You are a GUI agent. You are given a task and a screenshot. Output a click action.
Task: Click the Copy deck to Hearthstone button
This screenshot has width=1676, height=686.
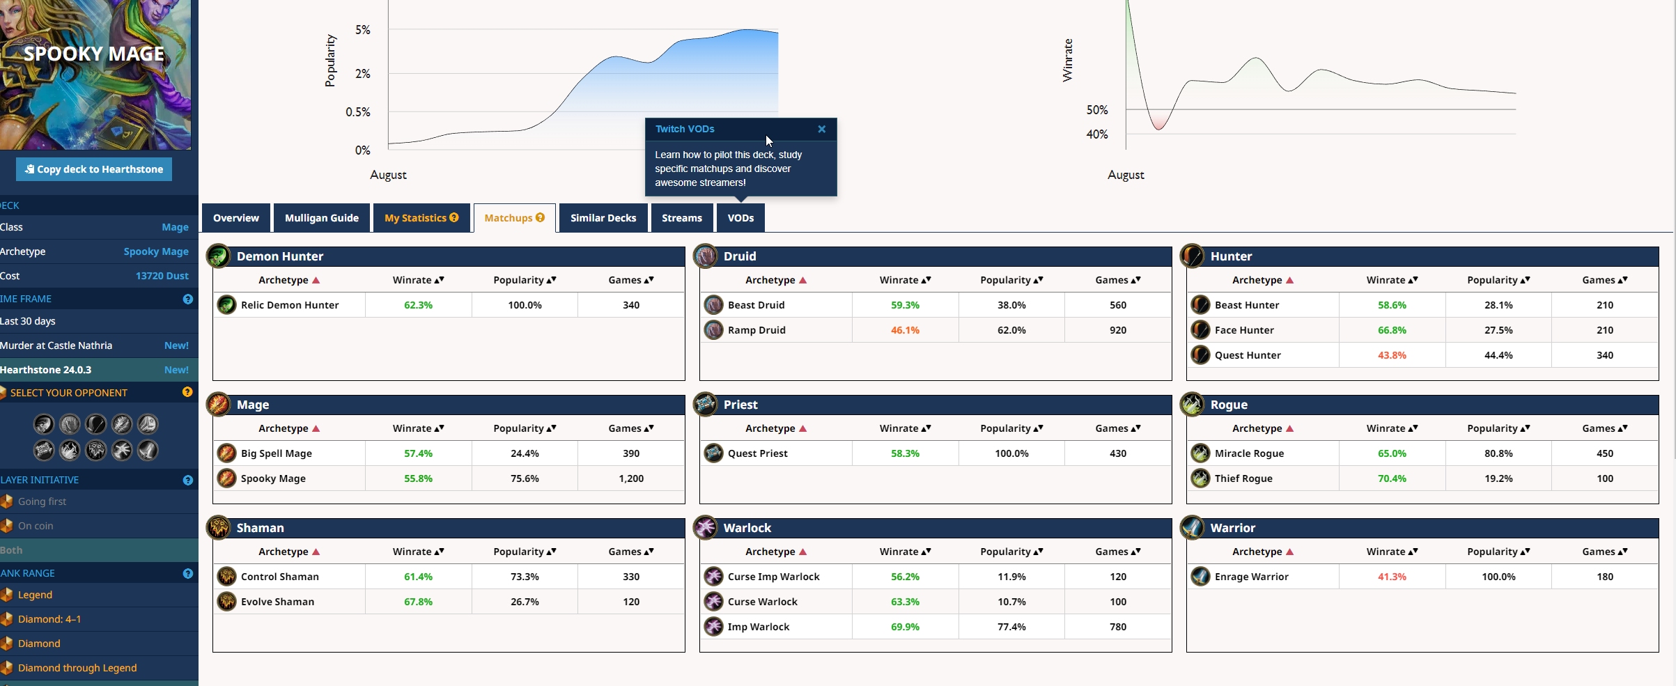94,169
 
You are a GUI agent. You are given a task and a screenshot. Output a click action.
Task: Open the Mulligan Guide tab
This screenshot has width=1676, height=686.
321,218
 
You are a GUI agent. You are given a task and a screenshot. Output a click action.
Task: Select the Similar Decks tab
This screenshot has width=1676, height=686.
603,218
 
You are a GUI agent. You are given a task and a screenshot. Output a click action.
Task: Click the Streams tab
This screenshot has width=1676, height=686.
681,218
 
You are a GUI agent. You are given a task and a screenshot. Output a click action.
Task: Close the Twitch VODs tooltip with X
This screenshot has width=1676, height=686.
821,129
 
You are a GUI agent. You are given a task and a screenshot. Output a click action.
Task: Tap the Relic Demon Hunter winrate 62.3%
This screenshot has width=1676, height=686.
418,305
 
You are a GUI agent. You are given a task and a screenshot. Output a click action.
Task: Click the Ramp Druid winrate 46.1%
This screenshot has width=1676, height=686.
905,330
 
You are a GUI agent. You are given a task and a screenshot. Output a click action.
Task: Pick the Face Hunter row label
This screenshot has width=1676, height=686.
1244,330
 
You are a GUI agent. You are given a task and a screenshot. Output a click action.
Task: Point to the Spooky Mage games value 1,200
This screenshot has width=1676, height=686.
631,478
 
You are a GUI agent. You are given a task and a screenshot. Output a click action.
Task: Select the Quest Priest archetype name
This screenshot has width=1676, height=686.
757,453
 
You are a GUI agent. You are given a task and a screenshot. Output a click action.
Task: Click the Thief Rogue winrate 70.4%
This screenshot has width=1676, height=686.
1392,478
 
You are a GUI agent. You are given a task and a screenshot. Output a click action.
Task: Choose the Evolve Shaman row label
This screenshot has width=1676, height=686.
277,602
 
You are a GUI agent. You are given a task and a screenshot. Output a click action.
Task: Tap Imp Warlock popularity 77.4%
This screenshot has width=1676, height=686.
1011,627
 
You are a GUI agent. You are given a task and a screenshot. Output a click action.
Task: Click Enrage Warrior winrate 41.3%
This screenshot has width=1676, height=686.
1392,577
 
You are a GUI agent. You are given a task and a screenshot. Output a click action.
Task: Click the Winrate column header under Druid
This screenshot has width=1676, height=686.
904,280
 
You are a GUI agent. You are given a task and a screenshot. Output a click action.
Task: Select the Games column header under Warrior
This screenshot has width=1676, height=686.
1604,552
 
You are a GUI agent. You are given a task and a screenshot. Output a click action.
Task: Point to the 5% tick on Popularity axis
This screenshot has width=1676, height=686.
362,30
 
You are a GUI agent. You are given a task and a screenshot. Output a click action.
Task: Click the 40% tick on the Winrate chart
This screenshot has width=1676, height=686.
1096,134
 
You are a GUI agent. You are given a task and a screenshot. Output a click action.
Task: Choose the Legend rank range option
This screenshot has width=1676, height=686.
35,595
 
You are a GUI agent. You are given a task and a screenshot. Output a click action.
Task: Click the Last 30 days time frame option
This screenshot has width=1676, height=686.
28,321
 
